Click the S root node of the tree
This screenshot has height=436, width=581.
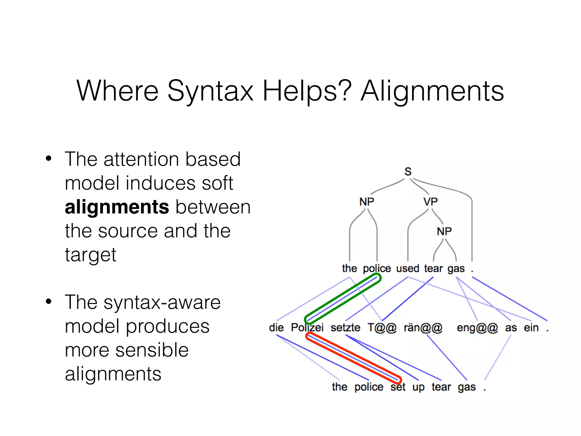(408, 171)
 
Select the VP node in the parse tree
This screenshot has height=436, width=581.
(430, 202)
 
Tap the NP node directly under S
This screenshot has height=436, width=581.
(367, 202)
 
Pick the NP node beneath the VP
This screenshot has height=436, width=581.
(444, 231)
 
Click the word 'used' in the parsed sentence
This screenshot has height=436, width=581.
(407, 268)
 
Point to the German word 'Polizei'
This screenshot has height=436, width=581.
(307, 328)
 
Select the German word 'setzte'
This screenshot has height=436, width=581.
(345, 328)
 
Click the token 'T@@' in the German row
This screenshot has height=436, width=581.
(382, 328)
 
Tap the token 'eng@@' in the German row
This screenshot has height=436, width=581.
(477, 328)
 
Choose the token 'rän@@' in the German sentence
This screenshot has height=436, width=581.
(423, 328)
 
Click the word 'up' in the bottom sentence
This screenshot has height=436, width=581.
(418, 387)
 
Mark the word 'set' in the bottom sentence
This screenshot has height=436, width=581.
(398, 387)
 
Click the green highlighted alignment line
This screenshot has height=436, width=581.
(343, 299)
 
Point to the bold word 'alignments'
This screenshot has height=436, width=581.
(117, 207)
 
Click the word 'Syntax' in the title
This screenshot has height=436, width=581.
(210, 91)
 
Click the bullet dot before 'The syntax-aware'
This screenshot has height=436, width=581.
(49, 301)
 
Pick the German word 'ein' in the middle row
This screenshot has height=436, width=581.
(531, 328)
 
